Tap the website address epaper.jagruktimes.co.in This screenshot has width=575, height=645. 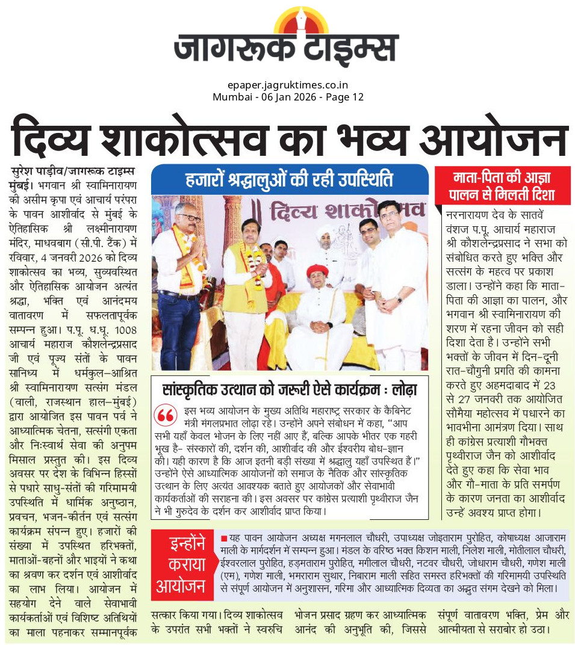pos(288,85)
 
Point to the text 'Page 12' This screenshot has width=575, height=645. pos(346,97)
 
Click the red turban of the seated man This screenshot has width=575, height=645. pos(317,270)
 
